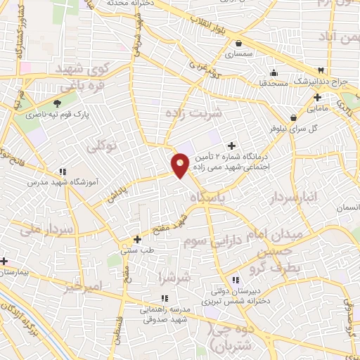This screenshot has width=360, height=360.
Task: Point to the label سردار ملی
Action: pos(47,229)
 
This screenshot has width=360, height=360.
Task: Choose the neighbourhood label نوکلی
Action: pos(102,146)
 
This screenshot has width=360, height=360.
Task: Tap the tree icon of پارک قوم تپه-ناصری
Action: pos(57,104)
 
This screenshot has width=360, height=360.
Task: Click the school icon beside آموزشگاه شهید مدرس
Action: pos(63,171)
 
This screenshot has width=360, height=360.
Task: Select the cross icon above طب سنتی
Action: pos(138,239)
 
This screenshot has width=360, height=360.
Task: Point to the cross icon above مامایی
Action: pos(318,97)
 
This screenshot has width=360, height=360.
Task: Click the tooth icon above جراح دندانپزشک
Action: pos(321,70)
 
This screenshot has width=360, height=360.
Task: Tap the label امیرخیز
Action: pos(83,286)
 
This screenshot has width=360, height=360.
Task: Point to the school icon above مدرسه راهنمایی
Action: pos(144,298)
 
